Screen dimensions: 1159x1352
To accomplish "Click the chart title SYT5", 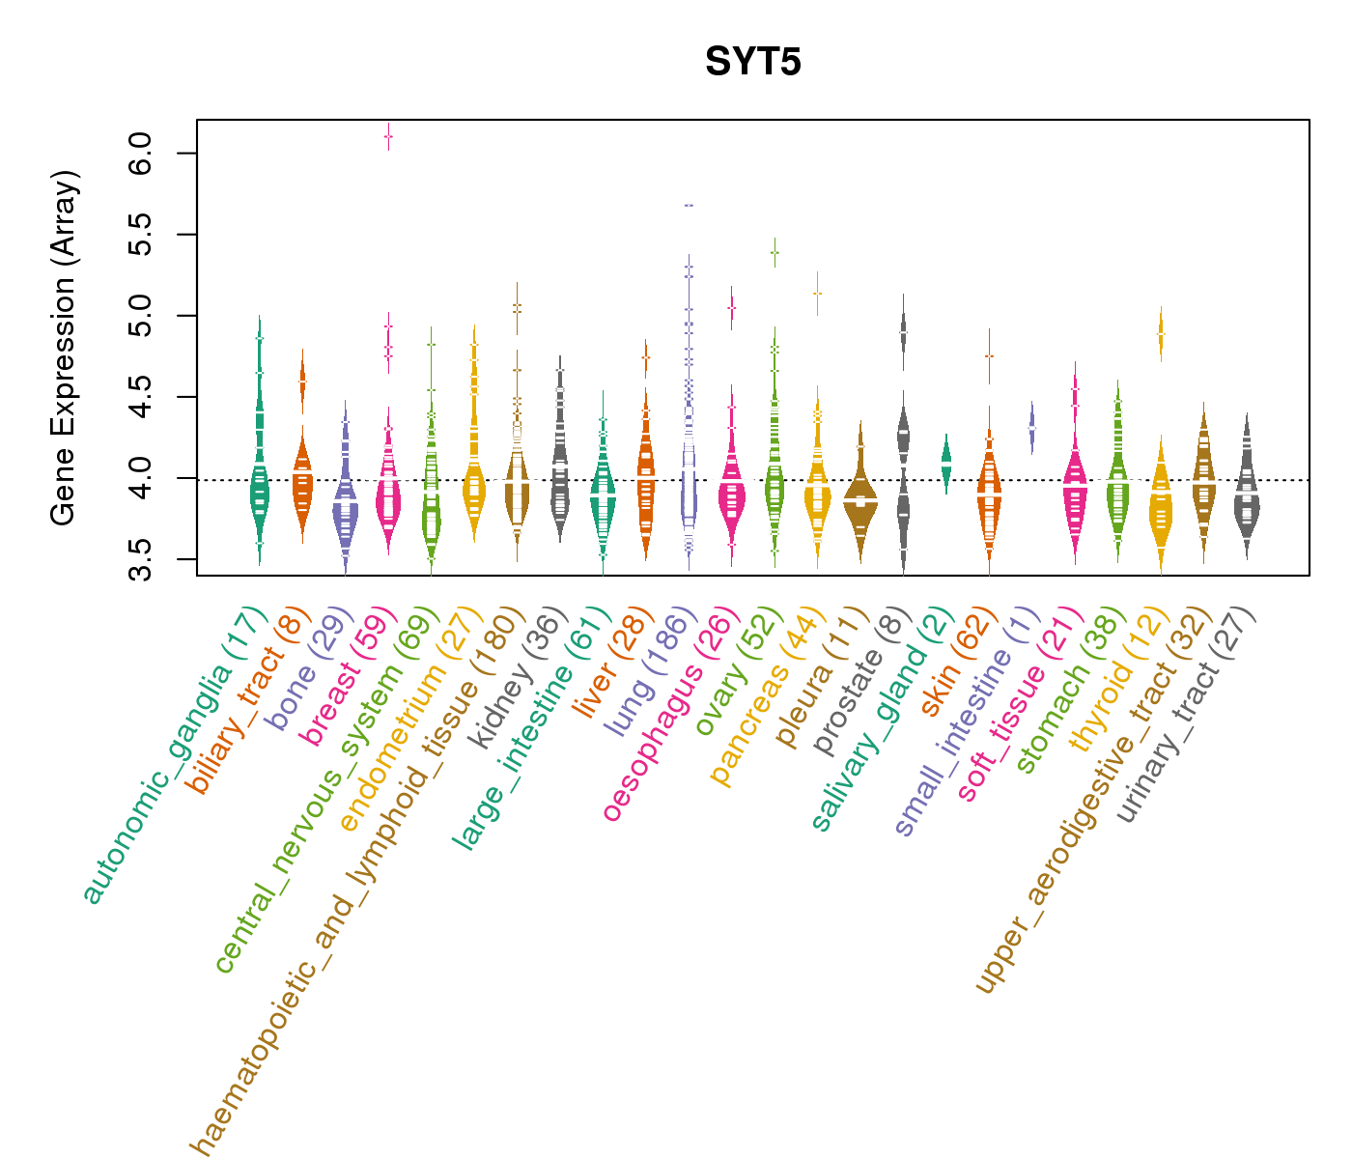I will [753, 62].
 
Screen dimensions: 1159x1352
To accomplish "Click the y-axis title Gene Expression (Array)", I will [64, 348].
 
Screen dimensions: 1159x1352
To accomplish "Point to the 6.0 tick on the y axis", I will [139, 154].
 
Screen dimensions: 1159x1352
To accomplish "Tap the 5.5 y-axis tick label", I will [139, 235].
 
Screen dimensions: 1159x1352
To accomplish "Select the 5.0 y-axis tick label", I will [139, 316].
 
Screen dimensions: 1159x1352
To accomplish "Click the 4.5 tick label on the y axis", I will [139, 397].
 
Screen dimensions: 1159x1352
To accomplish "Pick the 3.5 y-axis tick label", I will [139, 559].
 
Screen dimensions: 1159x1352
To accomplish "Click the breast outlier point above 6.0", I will [388, 136].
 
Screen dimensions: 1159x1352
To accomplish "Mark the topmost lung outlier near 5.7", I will [689, 206].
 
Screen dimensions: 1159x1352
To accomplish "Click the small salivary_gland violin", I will [946, 461].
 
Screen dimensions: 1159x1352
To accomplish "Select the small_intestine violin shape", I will [1031, 426].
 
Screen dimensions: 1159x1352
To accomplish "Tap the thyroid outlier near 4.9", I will [1161, 334].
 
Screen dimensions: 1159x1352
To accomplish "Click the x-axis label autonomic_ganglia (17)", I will [174, 755].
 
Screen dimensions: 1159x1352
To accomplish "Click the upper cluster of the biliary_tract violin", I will [302, 384].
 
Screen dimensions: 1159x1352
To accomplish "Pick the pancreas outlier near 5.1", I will [817, 293].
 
